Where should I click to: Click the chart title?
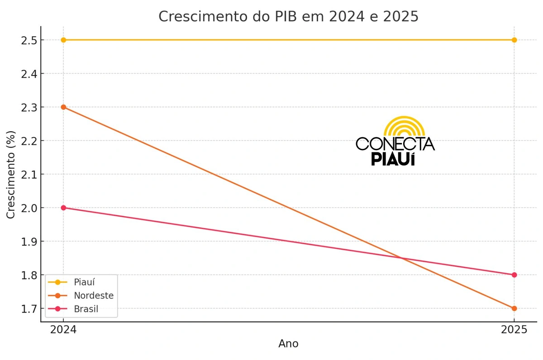click(x=288, y=16)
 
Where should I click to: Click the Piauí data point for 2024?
click(x=63, y=40)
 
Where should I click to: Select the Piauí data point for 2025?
click(x=514, y=40)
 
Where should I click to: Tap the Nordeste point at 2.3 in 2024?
click(x=63, y=107)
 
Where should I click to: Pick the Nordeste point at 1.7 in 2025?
click(x=514, y=308)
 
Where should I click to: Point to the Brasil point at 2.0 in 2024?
click(x=63, y=208)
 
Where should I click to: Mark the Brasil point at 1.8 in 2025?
click(x=514, y=275)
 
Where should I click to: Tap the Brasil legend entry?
click(x=86, y=309)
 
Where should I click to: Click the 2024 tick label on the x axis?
click(x=63, y=330)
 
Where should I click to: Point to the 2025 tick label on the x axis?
click(x=514, y=330)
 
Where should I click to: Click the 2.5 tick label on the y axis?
click(x=30, y=40)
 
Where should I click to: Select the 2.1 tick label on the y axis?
click(x=30, y=174)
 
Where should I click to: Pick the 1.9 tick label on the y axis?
click(x=30, y=242)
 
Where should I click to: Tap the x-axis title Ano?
click(x=288, y=344)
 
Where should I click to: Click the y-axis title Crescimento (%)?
click(x=11, y=175)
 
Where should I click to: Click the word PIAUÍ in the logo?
click(x=393, y=159)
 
